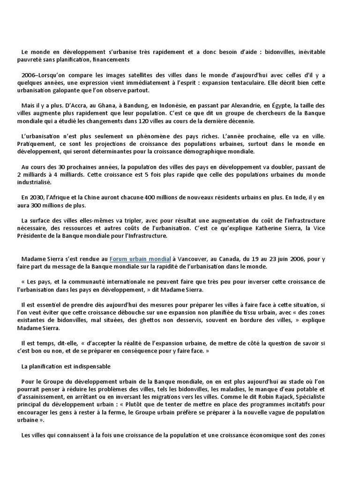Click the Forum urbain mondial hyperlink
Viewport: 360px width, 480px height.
coord(140,259)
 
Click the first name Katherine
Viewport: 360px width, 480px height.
coord(265,228)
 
